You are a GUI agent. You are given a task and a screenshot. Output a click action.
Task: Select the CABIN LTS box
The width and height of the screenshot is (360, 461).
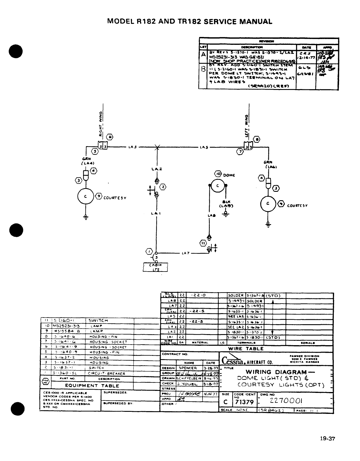(x=156, y=267)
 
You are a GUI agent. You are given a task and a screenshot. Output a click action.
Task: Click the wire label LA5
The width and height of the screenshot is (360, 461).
(x=204, y=147)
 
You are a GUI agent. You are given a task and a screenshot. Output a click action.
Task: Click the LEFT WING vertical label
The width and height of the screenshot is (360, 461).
(x=247, y=126)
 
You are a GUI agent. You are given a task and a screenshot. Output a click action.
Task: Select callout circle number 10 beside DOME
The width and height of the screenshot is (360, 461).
(x=218, y=174)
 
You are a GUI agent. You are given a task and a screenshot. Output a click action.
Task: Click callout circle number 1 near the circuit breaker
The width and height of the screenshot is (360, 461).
(x=149, y=251)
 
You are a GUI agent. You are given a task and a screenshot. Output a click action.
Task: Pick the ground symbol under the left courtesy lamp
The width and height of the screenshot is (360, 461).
(x=86, y=217)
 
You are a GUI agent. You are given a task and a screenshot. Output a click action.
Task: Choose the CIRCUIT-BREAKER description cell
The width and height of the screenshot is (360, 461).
(x=106, y=373)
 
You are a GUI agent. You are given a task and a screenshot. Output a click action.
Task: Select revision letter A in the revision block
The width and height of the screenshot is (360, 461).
(x=203, y=54)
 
